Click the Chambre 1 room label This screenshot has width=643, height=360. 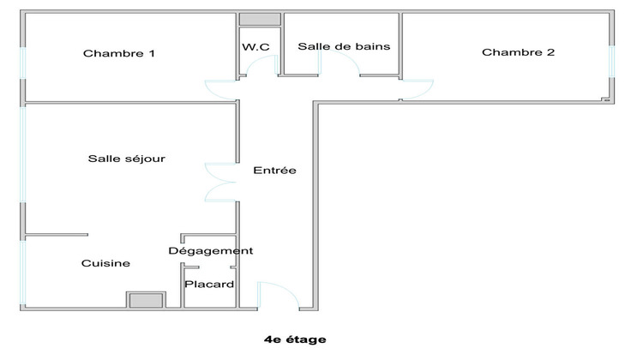point(118,53)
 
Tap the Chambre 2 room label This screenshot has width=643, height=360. point(518,52)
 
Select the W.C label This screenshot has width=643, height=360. point(256,47)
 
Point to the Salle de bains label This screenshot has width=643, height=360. point(344,46)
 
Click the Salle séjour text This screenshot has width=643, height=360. point(126,159)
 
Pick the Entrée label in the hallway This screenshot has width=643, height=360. point(274,171)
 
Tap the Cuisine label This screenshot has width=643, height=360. point(105,264)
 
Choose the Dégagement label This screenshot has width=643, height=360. point(210,251)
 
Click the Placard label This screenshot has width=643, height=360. point(210,285)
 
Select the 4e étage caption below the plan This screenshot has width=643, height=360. point(296,339)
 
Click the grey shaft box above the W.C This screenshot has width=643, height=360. point(259,20)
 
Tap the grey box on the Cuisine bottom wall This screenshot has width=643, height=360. point(146,300)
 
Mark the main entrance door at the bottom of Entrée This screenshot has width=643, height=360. point(279,296)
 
